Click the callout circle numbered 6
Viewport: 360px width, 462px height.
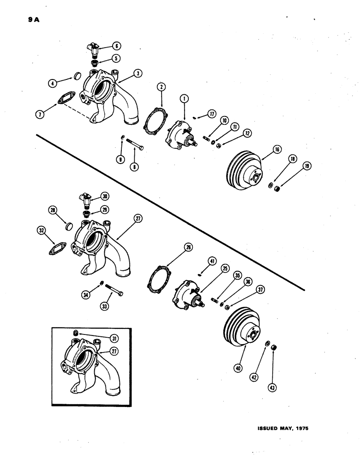(x=116, y=46)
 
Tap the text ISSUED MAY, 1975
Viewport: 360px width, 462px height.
(x=282, y=428)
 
